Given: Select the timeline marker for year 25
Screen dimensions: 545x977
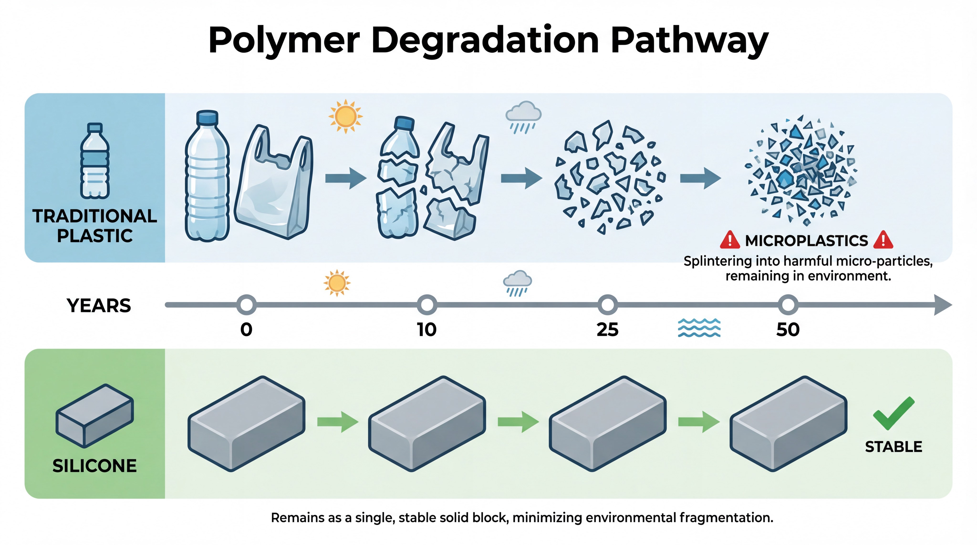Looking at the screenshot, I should [608, 305].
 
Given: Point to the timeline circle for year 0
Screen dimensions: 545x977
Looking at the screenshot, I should [247, 305].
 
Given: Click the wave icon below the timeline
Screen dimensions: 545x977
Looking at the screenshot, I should [699, 328].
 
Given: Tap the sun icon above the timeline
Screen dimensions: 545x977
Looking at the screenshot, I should [337, 283].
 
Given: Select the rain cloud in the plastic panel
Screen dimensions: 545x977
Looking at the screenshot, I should [523, 116].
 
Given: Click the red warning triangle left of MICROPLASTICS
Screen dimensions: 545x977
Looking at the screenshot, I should [730, 240].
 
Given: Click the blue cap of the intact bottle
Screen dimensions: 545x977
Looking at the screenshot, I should [208, 118].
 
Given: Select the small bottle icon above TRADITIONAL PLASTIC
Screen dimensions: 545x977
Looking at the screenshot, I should [95, 161].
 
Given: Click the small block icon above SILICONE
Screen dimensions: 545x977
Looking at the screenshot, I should [95, 416].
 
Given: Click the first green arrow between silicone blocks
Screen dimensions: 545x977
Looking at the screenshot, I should [338, 422].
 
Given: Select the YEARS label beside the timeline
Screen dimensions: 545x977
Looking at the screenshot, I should [99, 305].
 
